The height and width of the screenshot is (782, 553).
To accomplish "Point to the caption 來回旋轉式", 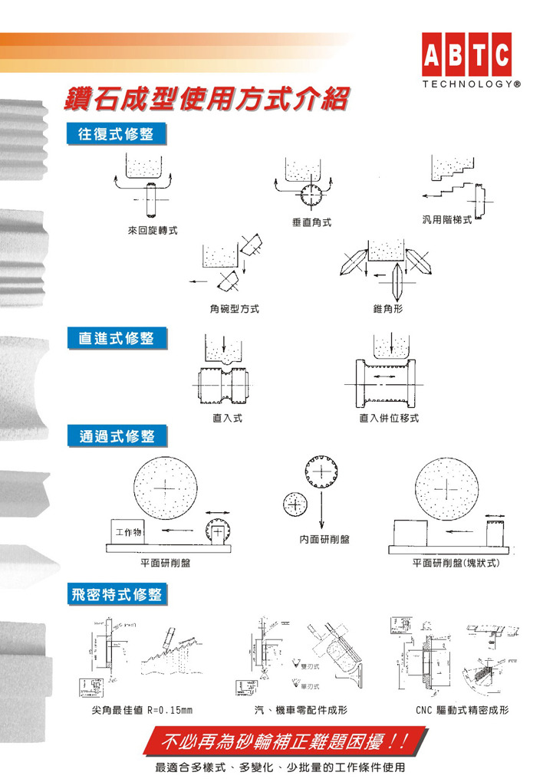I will [x=153, y=230].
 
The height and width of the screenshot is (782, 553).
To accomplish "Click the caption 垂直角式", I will [x=311, y=222].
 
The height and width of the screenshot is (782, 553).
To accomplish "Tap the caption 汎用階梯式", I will [x=447, y=220].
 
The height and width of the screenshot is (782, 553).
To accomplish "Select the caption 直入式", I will [x=228, y=419].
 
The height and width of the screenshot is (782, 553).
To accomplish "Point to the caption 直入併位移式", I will [x=390, y=419].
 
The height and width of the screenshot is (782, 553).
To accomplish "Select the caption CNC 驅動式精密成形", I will [x=462, y=711].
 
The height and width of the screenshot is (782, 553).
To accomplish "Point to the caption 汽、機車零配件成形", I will [x=301, y=711].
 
